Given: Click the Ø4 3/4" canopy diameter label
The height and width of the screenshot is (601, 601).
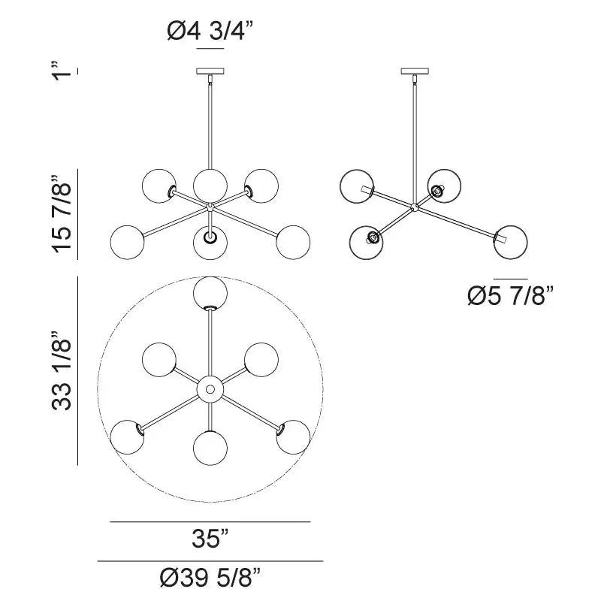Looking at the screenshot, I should (x=210, y=32).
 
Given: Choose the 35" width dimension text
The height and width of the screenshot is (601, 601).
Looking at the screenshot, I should (x=210, y=539).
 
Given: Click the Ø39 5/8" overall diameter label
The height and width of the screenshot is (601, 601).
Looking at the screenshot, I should (x=210, y=578).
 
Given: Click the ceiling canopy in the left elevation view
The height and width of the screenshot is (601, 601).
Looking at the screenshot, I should (x=210, y=73).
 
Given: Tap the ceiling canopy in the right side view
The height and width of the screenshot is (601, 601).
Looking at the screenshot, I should (x=412, y=73).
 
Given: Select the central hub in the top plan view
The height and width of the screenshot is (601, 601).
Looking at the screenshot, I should (x=210, y=389).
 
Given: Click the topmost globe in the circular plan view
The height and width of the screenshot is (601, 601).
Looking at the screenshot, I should (x=210, y=293).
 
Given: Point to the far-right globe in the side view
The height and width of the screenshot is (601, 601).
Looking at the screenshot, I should (x=510, y=240).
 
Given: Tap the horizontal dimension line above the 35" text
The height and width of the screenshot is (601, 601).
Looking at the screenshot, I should (x=210, y=521).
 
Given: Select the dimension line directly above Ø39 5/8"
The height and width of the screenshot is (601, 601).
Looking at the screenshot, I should (x=210, y=561).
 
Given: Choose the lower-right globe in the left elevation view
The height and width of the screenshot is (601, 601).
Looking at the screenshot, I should (x=293, y=242).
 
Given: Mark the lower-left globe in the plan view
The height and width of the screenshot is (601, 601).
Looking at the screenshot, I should (x=128, y=436).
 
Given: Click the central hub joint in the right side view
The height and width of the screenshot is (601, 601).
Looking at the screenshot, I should (x=413, y=204).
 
